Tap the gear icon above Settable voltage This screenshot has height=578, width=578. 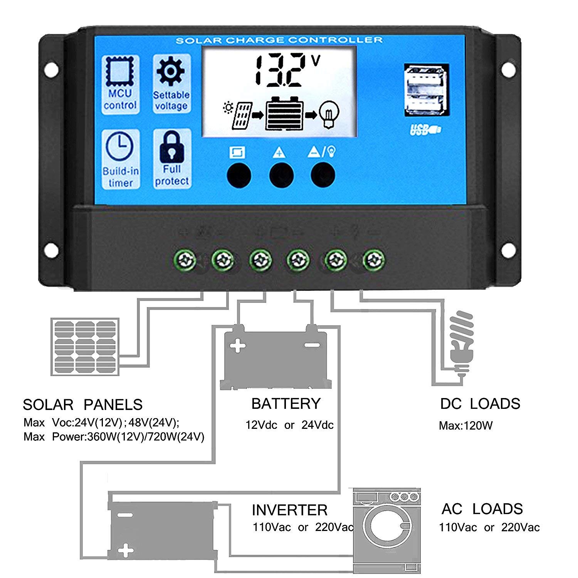coord(171,71)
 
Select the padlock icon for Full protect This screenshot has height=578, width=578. coord(171,147)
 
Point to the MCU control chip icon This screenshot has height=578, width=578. coord(120,71)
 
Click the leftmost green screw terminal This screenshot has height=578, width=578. coord(185,260)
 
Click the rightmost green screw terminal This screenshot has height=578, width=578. coord(373,260)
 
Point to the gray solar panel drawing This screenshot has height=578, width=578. coord(85,346)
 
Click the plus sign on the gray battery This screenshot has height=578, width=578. coord(237,345)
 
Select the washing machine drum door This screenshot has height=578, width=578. coord(387,526)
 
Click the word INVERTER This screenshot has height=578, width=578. coord(289,510)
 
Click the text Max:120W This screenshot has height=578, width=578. coord(465,425)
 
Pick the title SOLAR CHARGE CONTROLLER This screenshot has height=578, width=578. coord(279,40)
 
